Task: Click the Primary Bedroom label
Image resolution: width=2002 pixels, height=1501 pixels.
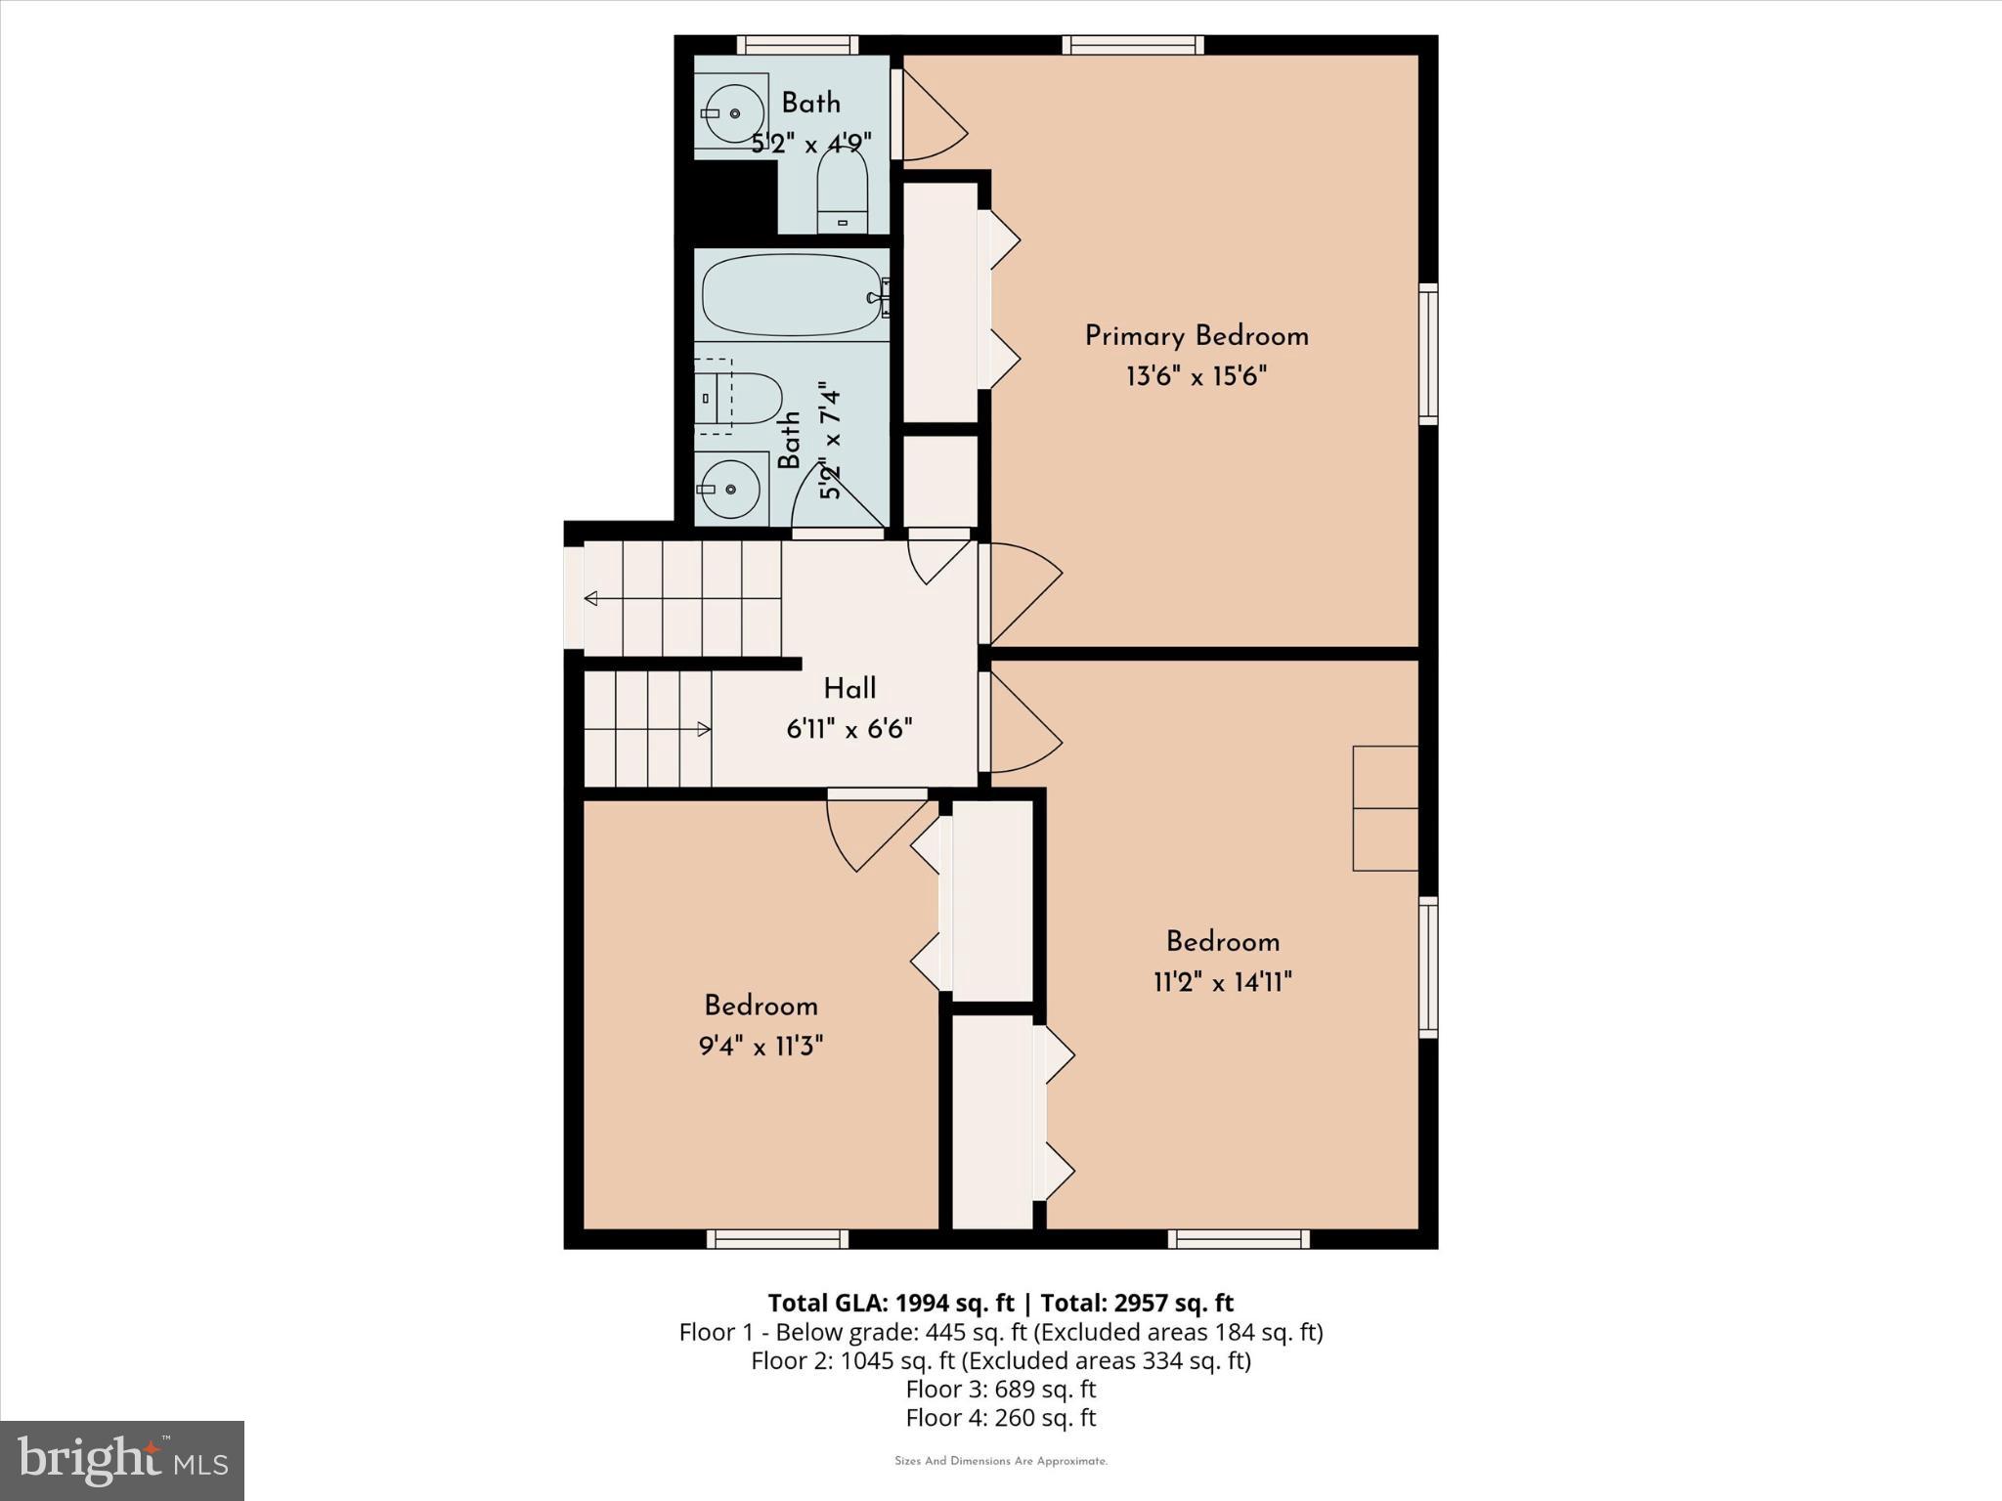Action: (x=1197, y=336)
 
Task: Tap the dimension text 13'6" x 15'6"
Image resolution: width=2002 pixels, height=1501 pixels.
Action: (x=1197, y=376)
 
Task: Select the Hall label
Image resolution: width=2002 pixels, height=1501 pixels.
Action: (x=849, y=689)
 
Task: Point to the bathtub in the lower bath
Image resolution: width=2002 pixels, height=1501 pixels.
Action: (x=793, y=294)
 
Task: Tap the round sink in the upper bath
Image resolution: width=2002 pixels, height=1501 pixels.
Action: (x=732, y=113)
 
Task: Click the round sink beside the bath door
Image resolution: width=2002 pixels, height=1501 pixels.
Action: (x=730, y=487)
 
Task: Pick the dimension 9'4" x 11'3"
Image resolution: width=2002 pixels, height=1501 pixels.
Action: (x=761, y=1047)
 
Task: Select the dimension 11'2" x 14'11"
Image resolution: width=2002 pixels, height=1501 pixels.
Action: (x=1223, y=982)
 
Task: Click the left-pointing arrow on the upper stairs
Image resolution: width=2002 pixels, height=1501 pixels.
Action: (x=590, y=598)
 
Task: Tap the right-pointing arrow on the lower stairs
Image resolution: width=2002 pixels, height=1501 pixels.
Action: (x=703, y=728)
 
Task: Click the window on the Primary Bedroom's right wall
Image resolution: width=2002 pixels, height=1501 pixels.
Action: (x=1428, y=353)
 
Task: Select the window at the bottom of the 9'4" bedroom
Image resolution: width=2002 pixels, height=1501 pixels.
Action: (x=778, y=1239)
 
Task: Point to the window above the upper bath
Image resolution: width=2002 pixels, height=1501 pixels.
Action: (x=798, y=44)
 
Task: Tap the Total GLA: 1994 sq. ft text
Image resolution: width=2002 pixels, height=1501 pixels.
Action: (x=891, y=1303)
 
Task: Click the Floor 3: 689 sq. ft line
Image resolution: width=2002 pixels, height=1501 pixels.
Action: (x=1001, y=1389)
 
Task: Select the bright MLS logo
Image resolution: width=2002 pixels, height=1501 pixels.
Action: (x=122, y=1460)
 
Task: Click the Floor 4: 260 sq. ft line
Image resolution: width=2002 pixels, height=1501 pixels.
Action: (x=1001, y=1417)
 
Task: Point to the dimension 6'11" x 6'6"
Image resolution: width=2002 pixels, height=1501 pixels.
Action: (x=849, y=729)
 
